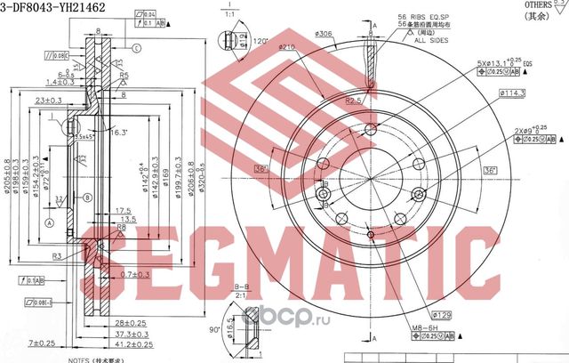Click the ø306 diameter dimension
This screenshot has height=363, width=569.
pos(324,34)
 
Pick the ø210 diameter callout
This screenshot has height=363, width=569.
pos(286,47)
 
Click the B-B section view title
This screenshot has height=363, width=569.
pos(242,286)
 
